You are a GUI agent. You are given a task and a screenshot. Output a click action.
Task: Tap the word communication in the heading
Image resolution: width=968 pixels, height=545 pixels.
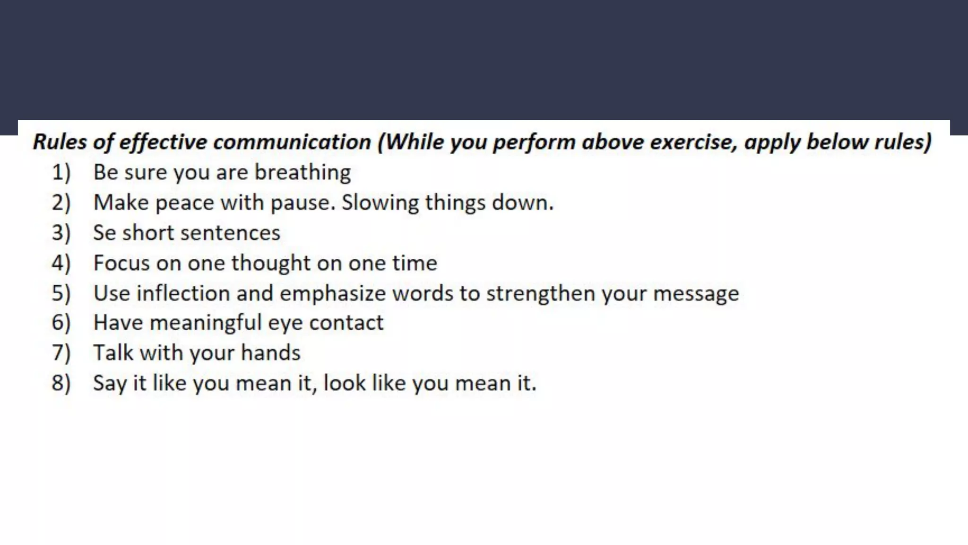[292, 142]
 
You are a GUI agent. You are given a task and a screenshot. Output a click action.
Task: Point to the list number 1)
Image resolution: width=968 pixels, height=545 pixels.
[61, 173]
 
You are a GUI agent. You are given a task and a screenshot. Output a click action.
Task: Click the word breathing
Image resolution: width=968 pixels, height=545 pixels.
[302, 173]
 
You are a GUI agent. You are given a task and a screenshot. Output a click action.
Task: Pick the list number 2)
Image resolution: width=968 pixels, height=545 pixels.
[61, 203]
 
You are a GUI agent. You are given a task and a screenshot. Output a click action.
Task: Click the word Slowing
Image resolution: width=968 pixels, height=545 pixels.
[380, 203]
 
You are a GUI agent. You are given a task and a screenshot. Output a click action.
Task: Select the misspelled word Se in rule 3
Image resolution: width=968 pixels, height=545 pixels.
[104, 233]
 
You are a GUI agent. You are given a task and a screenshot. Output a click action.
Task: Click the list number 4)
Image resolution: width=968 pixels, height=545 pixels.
[61, 263]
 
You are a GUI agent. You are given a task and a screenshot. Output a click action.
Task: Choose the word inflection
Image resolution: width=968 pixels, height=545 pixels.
[183, 293]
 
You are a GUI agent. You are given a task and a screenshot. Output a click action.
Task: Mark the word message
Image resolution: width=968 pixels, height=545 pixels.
[696, 293]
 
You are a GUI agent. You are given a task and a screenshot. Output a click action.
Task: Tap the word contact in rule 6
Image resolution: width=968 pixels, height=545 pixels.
[346, 323]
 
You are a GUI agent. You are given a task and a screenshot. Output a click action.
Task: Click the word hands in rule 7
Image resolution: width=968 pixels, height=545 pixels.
[270, 353]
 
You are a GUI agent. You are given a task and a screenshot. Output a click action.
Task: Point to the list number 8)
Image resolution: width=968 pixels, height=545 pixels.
[61, 383]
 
